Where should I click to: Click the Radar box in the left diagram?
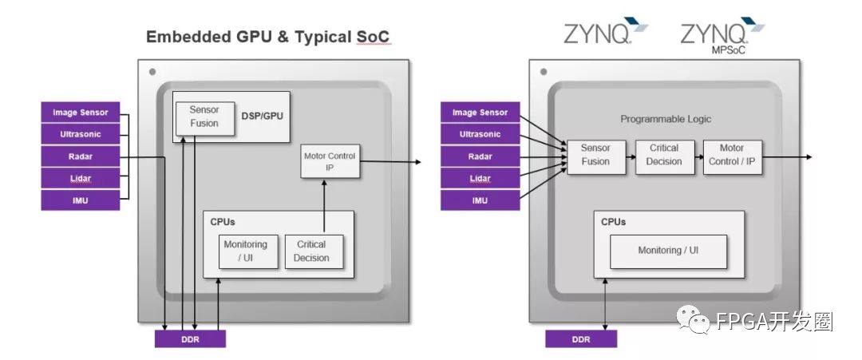(80, 156)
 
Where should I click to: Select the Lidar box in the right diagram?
(480, 179)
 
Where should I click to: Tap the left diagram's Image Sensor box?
(80, 113)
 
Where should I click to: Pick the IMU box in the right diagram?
(480, 200)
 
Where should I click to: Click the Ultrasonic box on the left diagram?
(80, 134)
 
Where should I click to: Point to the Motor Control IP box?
(330, 162)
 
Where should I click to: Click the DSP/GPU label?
(262, 116)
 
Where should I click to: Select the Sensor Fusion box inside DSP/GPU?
(204, 117)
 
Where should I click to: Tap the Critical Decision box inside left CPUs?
(311, 251)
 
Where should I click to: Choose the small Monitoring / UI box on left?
(249, 251)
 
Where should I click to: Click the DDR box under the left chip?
(190, 338)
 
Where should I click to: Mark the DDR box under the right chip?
(581, 338)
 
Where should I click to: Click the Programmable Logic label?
(666, 119)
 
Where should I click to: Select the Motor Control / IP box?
(732, 155)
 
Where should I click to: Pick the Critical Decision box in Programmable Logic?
(664, 155)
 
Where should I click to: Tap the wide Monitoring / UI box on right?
(668, 251)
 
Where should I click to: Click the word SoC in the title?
(374, 38)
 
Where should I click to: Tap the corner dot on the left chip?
(151, 72)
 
